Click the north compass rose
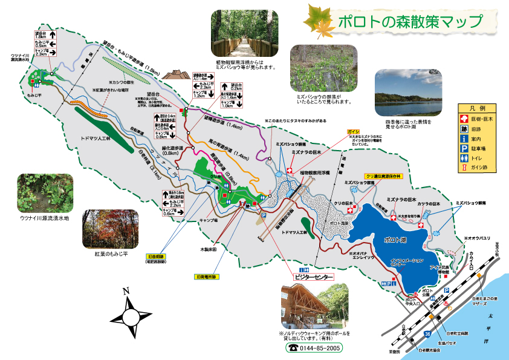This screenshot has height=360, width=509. [x=131, y=315]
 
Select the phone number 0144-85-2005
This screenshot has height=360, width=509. [x=313, y=349]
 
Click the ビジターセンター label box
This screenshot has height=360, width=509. [x=314, y=277]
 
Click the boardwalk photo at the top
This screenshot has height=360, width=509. [x=244, y=34]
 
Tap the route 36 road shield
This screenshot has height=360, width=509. [x=427, y=333]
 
